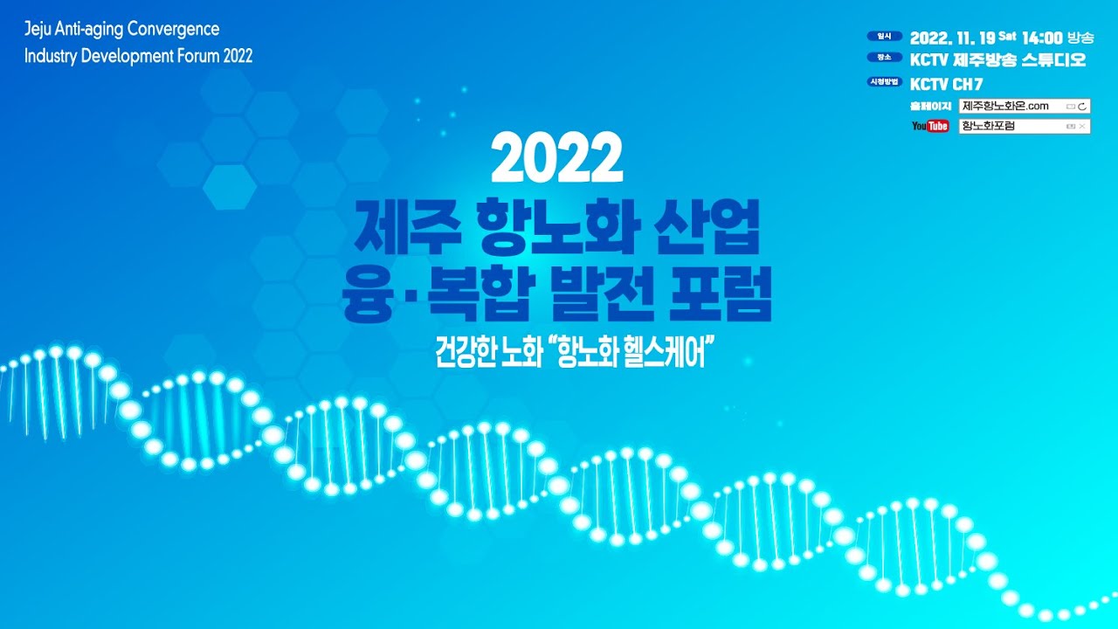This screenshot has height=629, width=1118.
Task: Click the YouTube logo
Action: (930, 126)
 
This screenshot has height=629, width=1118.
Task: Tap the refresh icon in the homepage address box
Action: (1081, 107)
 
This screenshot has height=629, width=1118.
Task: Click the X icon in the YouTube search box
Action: (1081, 127)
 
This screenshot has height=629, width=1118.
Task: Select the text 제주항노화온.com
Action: (1005, 106)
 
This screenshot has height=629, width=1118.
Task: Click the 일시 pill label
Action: (885, 36)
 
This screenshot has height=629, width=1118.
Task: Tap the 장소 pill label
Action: (885, 57)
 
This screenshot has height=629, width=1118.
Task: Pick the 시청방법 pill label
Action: (885, 81)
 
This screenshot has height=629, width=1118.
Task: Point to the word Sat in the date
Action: (1007, 36)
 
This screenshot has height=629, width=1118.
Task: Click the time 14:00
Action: (1042, 38)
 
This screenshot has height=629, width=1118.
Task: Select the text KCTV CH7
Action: (946, 84)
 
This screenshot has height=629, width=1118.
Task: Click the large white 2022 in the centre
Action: (557, 157)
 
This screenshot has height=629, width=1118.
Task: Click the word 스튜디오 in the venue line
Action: (1053, 60)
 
